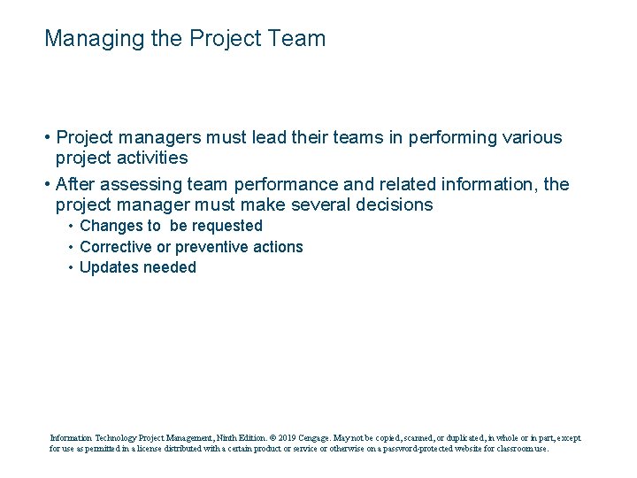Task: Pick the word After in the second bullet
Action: [76, 184]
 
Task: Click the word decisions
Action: [402, 204]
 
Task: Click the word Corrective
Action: [116, 247]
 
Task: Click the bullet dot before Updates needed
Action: [71, 267]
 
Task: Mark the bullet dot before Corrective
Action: [71, 247]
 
